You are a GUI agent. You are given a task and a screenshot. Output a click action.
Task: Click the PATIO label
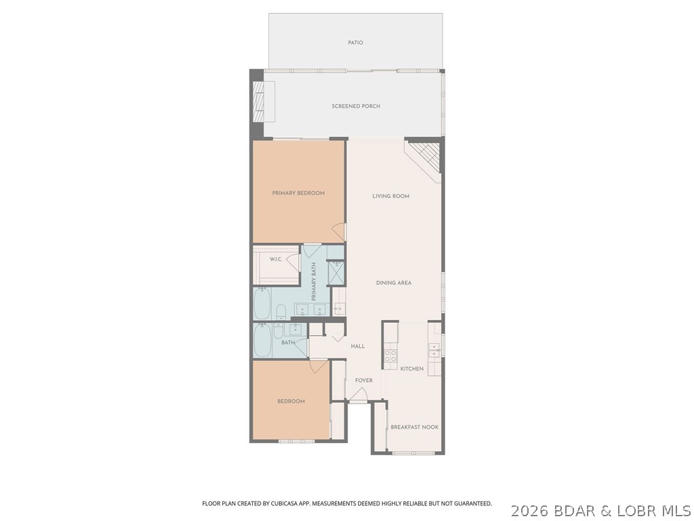click(356, 43)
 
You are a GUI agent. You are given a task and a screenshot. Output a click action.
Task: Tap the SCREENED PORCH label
click(356, 107)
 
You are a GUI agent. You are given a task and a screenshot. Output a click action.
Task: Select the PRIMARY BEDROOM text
click(298, 193)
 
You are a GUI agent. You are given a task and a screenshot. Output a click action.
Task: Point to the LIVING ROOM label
click(391, 197)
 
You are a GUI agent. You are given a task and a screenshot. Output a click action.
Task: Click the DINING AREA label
click(394, 283)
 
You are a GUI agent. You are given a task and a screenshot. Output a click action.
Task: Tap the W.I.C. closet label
click(276, 260)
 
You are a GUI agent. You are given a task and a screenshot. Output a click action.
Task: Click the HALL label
click(358, 347)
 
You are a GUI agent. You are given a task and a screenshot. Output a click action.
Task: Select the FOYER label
click(364, 381)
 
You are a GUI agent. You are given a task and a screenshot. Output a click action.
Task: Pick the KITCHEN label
click(412, 369)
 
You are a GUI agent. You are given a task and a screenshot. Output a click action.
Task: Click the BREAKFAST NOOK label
click(415, 427)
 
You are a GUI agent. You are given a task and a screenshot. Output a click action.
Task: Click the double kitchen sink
click(434, 350)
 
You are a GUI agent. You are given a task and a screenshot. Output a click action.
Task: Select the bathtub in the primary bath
click(263, 305)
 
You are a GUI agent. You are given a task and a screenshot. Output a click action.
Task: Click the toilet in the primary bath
click(281, 311)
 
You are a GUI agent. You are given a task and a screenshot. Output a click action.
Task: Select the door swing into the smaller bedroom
click(318, 366)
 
